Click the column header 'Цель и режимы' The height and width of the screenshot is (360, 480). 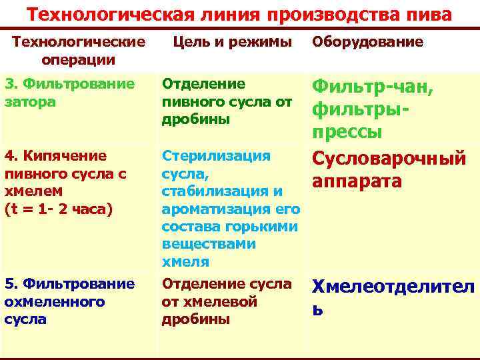(232, 42)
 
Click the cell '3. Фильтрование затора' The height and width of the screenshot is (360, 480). (70, 94)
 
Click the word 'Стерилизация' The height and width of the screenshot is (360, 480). (217, 156)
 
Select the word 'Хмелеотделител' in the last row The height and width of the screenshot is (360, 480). (394, 287)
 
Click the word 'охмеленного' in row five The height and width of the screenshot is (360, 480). (54, 301)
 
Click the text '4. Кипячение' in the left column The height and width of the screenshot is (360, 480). (55, 156)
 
